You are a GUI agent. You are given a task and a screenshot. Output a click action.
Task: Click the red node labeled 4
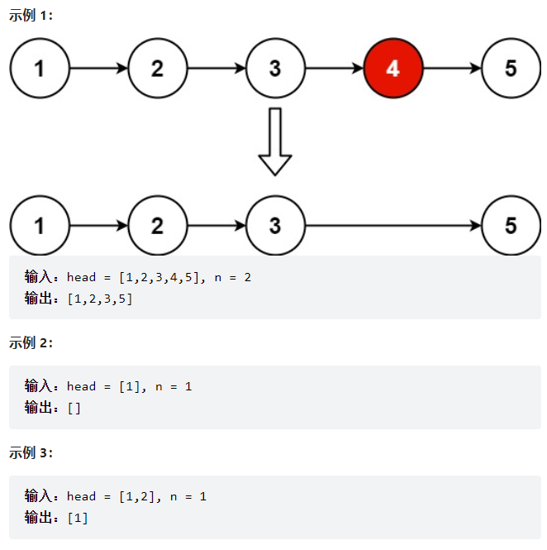point(393,69)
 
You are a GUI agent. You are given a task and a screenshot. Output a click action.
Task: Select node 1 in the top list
point(40,69)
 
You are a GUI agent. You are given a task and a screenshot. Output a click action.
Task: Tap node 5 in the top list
point(511,69)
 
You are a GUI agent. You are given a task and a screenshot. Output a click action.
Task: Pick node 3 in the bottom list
point(275,226)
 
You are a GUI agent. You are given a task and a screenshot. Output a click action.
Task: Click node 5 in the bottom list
point(511,226)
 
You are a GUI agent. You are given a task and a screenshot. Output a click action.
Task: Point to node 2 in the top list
point(158,69)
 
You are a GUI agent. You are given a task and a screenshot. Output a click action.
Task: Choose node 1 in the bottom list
point(40,226)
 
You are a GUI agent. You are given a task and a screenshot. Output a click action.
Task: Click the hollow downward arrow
point(275,141)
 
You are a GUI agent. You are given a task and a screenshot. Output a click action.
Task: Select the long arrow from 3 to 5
point(393,226)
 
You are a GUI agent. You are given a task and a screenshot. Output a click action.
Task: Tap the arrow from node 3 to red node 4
point(334,69)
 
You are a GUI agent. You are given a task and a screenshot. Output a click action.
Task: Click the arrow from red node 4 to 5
point(452,69)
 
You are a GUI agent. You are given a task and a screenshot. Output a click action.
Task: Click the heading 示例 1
point(31,16)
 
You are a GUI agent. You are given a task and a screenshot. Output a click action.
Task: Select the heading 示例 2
point(31,343)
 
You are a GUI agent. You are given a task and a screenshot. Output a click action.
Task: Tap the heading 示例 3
point(31,452)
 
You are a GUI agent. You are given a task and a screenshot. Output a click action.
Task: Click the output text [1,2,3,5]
point(100,299)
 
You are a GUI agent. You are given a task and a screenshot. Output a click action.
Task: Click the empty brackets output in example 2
point(74,408)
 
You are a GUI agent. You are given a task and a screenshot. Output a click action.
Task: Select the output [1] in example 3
point(78,518)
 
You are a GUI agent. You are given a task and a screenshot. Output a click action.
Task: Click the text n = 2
point(232,277)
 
